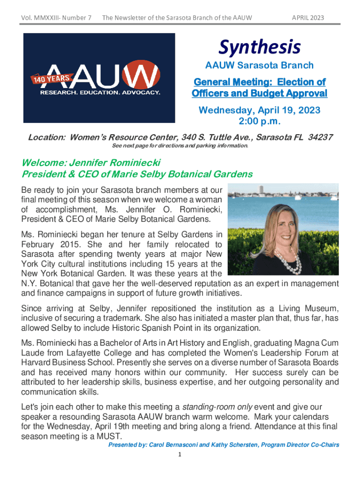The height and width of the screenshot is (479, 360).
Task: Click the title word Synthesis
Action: (x=259, y=47)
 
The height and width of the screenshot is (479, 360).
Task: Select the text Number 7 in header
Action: (x=76, y=18)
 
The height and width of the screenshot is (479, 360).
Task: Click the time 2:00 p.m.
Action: (x=259, y=122)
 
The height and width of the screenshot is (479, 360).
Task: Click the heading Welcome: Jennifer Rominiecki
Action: (x=91, y=163)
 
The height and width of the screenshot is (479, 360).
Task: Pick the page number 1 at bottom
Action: (x=180, y=454)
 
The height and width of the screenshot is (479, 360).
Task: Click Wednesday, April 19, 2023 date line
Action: (x=259, y=110)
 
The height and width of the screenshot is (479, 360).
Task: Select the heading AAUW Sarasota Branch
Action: (x=259, y=65)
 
